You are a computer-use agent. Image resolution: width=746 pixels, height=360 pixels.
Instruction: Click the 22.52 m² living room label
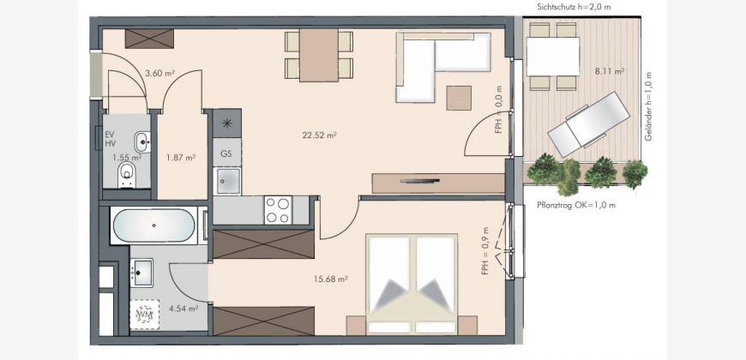coord(319,135)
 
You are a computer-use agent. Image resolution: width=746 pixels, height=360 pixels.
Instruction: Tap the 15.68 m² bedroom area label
coord(330,279)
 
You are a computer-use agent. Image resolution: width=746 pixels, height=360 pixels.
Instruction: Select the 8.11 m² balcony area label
coord(610,72)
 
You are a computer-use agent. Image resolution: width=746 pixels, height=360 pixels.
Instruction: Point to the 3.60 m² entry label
coord(160,74)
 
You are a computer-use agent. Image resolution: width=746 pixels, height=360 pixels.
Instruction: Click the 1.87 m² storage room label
coord(181,157)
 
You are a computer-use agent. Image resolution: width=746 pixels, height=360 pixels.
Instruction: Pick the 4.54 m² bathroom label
coord(183,309)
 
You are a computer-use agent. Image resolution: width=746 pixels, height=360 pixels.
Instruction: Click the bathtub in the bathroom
coord(153,225)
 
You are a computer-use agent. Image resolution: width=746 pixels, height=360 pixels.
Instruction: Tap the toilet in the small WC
coord(127,174)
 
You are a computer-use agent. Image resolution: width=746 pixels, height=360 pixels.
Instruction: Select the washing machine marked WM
coord(144,314)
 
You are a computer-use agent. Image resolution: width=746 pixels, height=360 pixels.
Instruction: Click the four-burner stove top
coord(278,210)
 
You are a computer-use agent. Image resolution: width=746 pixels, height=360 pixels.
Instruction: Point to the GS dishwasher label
coord(226,154)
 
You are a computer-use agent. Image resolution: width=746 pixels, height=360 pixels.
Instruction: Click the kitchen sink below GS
coord(228,181)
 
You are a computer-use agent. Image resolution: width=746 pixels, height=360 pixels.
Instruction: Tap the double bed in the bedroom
coord(412,284)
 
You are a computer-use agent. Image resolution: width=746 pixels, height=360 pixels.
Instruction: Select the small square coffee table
coord(459,98)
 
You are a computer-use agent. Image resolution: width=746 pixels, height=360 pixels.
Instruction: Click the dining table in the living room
coord(319,55)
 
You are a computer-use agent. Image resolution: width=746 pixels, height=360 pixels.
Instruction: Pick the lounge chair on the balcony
coord(588,123)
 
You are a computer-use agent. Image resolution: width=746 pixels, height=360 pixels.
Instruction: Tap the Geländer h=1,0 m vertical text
coord(648,106)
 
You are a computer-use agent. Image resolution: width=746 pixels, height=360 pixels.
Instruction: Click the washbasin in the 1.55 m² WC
coord(142,141)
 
